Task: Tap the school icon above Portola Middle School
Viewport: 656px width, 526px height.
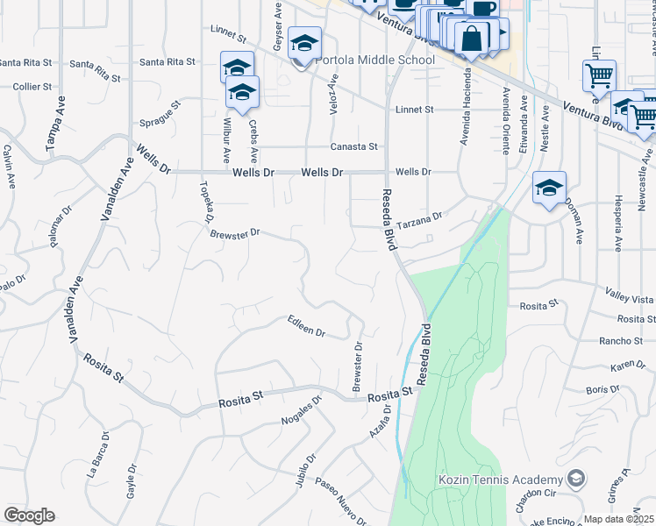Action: pyautogui.click(x=304, y=43)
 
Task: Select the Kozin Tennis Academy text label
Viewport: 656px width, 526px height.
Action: pyautogui.click(x=500, y=480)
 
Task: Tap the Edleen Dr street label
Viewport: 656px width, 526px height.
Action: pyautogui.click(x=307, y=326)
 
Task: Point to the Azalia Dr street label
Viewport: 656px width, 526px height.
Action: pyautogui.click(x=380, y=432)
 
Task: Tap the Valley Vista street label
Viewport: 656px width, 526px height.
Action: pyautogui.click(x=631, y=295)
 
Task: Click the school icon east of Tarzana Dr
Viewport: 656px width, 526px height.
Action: pyautogui.click(x=549, y=188)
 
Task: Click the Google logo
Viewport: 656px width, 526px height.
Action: pyautogui.click(x=29, y=515)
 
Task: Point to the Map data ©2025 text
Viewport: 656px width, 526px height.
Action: pyautogui.click(x=619, y=519)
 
